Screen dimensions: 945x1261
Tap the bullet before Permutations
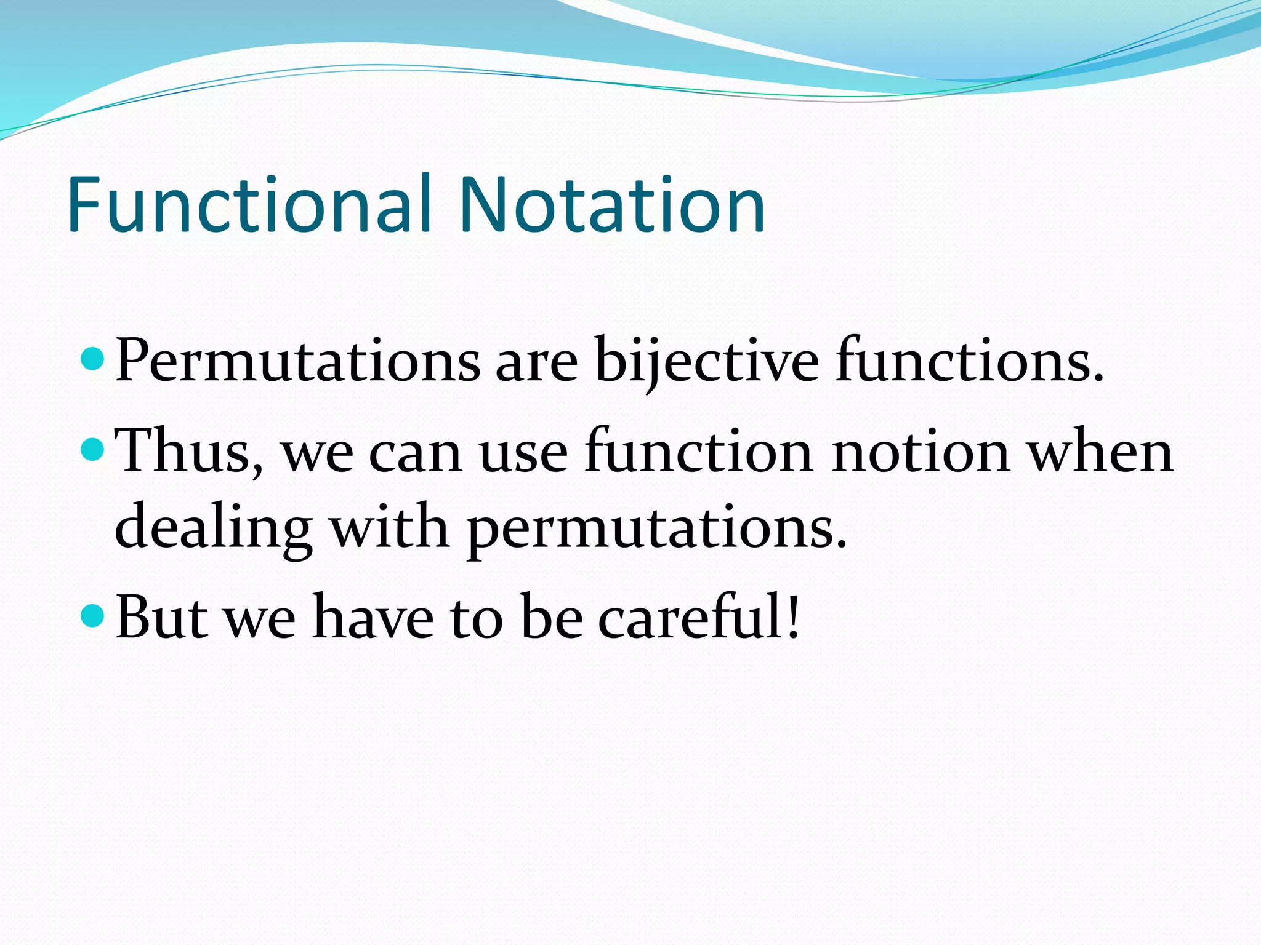coord(93,358)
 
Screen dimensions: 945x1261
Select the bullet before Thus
coord(93,450)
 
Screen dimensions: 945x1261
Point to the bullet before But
coord(93,615)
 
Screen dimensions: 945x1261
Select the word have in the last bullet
coord(373,617)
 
